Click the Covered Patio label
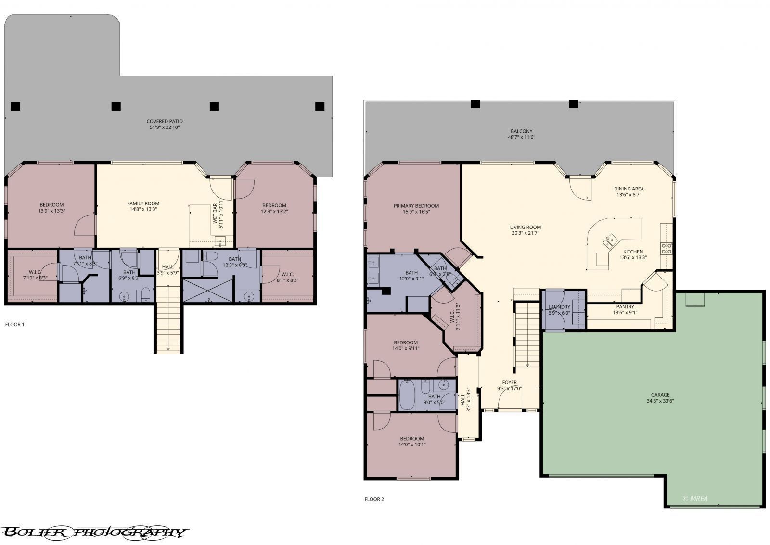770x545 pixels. pos(165,124)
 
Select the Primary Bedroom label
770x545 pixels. pos(416,209)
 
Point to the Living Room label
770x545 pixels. pos(525,230)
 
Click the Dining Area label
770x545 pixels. pos(629,191)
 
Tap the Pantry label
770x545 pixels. pos(625,309)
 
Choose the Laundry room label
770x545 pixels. pos(559,310)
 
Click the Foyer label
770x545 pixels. pos(510,385)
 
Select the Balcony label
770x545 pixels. pos(522,134)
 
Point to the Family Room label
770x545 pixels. pos(143,206)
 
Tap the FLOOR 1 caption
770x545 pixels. pos(15,324)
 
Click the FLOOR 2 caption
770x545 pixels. pos(374,499)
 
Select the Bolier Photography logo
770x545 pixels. pos(94,532)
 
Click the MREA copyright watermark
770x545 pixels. pos(695,499)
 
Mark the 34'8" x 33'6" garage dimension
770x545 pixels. pos(660,401)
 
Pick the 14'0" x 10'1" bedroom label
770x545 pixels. pos(412,442)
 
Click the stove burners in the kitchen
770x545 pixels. pos(666,248)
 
